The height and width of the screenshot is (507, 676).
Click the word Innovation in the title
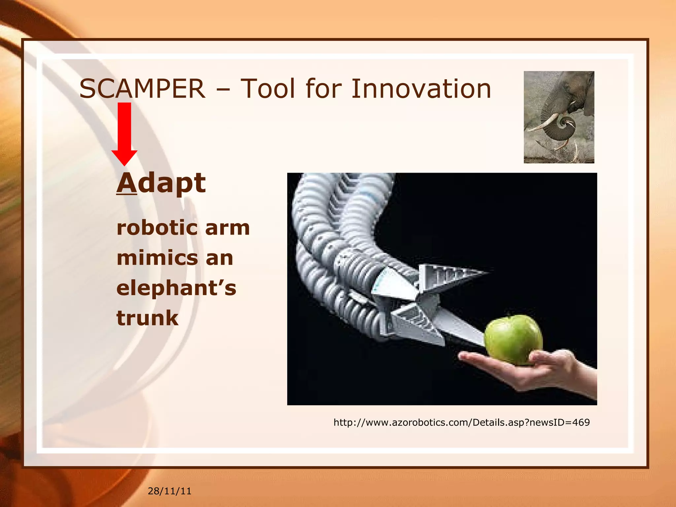pos(421,89)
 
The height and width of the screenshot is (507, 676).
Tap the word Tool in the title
pos(267,89)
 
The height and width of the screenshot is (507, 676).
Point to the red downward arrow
pos(124,132)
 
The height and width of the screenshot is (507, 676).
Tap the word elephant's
pos(176,288)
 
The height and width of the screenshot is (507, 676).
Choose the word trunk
pos(147,318)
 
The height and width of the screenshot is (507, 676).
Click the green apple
pos(513,340)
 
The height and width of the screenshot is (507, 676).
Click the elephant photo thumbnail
pos(559,117)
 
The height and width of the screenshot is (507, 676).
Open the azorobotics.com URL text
pos(461,422)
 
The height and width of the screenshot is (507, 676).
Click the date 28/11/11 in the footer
pos(169,491)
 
